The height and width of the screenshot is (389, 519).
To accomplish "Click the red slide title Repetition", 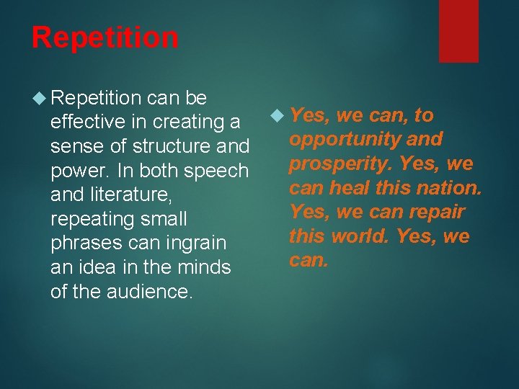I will pyautogui.click(x=105, y=37).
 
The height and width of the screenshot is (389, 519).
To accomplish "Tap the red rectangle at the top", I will pyautogui.click(x=458, y=30).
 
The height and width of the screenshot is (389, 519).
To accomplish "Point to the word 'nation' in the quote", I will pyautogui.click(x=449, y=188).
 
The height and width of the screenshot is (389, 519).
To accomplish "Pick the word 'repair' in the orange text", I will pyautogui.click(x=435, y=213).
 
